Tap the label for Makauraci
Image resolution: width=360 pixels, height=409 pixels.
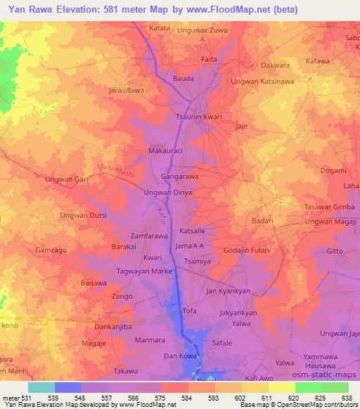166,151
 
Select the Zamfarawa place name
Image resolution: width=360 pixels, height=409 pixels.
148,238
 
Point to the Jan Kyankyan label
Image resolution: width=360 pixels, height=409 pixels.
229,290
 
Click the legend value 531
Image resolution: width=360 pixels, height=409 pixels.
27,397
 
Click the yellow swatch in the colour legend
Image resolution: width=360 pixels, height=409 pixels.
281,387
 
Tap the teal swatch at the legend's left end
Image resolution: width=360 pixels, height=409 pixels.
41,387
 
